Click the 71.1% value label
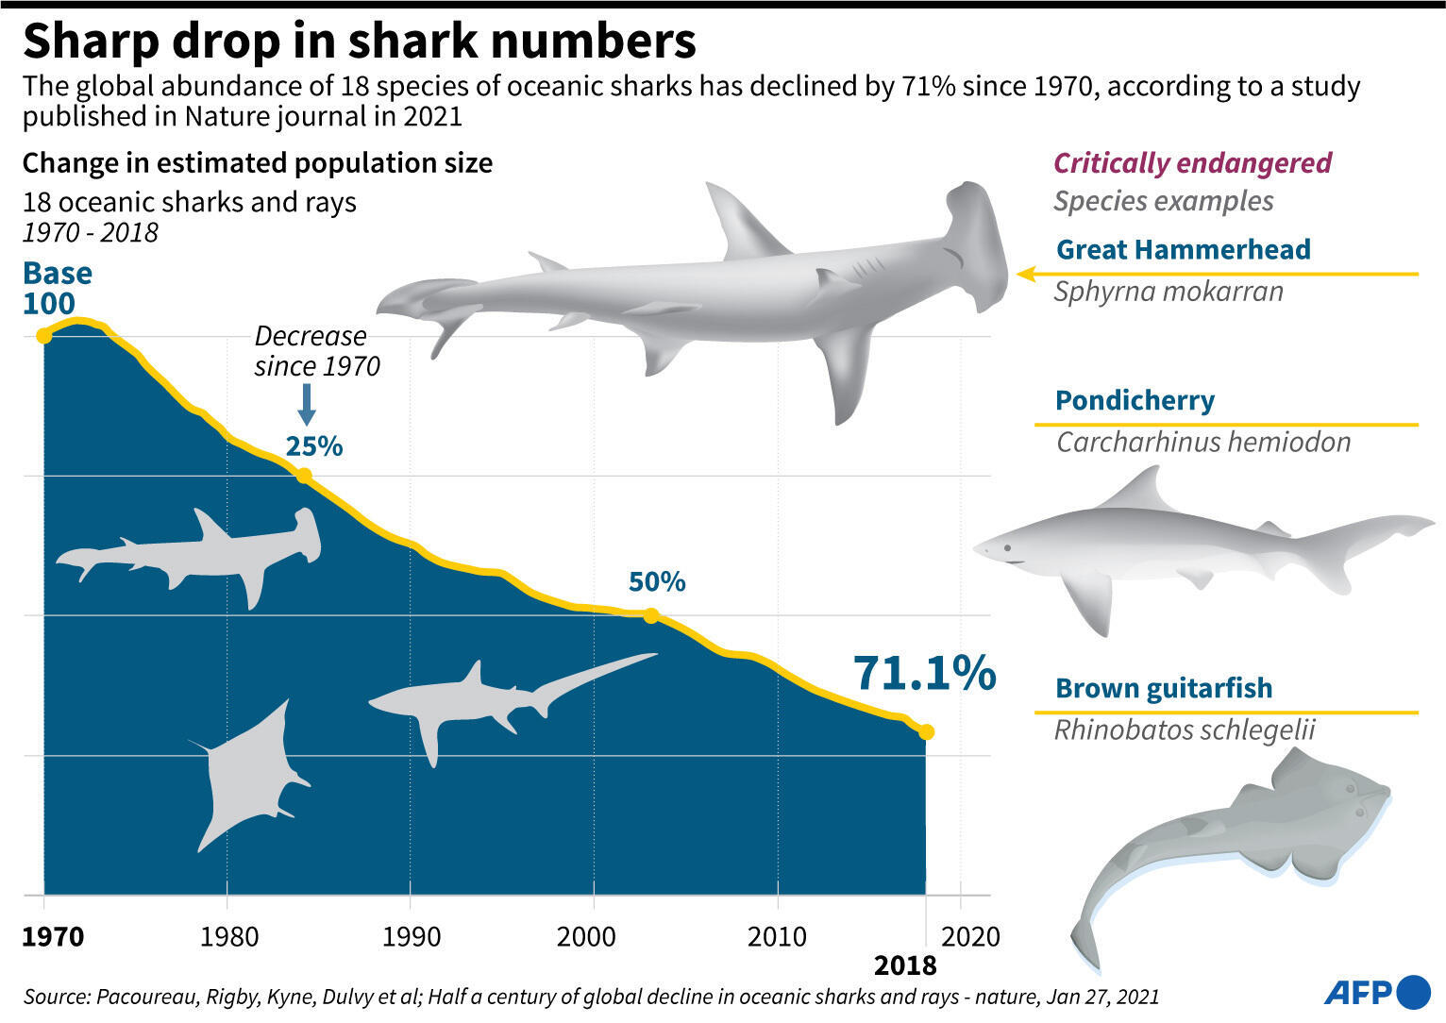pos(924,673)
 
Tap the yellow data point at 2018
pos(926,731)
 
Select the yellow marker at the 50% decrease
pos(650,616)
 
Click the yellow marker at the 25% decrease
pos(304,476)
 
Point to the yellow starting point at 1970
pos(43,336)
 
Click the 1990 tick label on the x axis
pos(411,937)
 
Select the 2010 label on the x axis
pos(777,937)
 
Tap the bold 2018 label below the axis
pos(905,965)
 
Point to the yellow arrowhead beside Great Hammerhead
pos(1027,274)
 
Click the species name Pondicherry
pos(1135,400)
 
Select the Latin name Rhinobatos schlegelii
pos(1185,730)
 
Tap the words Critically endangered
pos(1192,163)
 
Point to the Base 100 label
pos(58,288)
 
